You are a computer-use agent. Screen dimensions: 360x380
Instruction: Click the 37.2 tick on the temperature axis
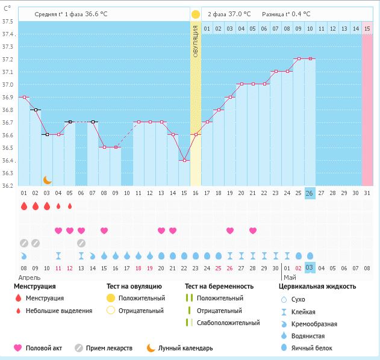(x=8, y=60)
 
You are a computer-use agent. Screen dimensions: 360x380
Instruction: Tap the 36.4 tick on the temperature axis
(x=8, y=161)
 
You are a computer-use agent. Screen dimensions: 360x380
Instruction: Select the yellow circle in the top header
(x=195, y=14)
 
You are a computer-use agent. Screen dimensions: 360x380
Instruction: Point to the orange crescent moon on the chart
(x=47, y=179)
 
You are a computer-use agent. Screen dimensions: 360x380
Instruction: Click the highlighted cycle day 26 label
(x=310, y=193)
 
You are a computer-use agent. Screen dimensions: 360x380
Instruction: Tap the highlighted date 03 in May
(x=310, y=267)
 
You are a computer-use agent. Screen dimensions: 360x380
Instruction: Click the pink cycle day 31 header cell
(x=367, y=28)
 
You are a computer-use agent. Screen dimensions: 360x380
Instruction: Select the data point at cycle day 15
(x=184, y=160)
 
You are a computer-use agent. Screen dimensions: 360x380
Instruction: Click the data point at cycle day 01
(x=24, y=97)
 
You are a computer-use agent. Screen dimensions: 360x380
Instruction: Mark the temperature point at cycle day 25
(x=298, y=59)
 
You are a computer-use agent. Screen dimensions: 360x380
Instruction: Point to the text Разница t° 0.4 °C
(x=286, y=14)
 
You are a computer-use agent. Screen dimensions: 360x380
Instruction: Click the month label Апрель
(x=29, y=278)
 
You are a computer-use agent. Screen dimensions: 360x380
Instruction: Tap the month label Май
(x=290, y=278)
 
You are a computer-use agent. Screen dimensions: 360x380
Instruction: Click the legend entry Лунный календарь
(x=185, y=347)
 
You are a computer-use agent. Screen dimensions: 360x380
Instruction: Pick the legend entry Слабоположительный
(x=228, y=323)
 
